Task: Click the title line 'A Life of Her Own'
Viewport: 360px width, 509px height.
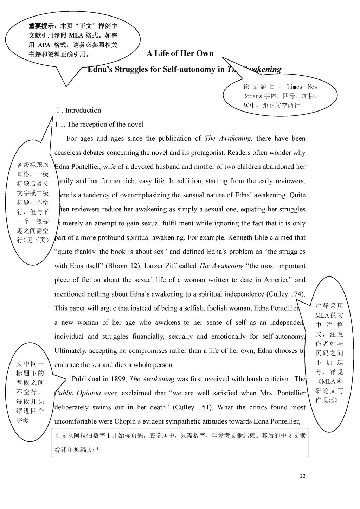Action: (180, 53)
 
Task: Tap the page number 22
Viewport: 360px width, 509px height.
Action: (303, 476)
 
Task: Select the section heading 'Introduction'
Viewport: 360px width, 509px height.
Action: (83, 110)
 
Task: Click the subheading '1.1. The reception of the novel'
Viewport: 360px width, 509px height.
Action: (99, 125)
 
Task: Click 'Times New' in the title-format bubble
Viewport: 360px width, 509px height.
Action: (302, 87)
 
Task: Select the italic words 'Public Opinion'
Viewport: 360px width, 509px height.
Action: (78, 393)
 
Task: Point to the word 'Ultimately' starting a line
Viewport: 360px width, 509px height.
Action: (70, 351)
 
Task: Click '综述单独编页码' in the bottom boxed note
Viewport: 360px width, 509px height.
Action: (77, 450)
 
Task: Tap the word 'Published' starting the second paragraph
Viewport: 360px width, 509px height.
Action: (86, 379)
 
